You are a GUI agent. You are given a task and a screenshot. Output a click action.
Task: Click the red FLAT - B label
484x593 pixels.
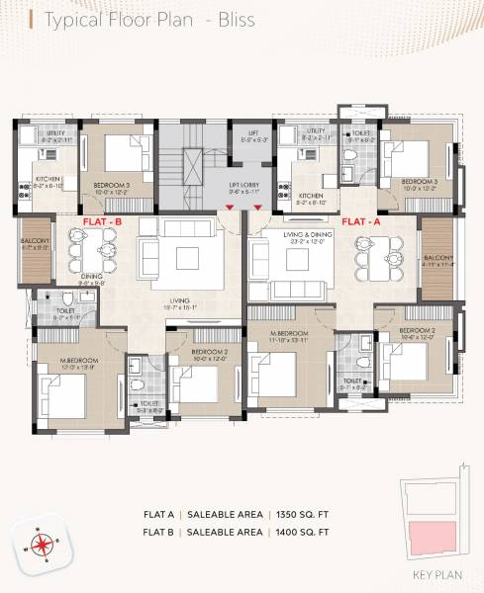point(102,223)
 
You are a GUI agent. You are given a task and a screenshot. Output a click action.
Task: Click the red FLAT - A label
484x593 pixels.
point(361,223)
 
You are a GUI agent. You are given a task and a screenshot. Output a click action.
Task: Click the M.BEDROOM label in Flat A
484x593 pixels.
point(293,335)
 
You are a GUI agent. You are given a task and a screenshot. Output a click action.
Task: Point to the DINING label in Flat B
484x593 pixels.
point(93,277)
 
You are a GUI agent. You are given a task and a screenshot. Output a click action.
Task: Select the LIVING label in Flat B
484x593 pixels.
point(178,301)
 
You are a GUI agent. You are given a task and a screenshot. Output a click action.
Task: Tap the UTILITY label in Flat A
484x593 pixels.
point(317,130)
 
